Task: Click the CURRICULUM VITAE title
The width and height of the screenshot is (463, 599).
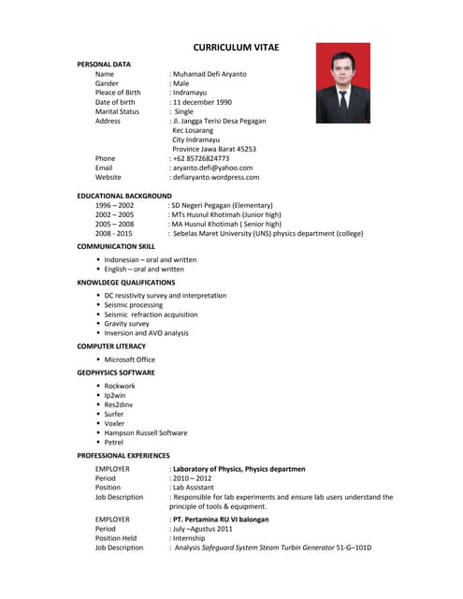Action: tap(236, 47)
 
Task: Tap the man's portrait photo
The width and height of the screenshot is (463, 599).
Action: tap(342, 83)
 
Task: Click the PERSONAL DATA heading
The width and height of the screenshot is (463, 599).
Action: tap(104, 64)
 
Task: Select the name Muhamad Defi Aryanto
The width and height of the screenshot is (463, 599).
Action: tap(210, 73)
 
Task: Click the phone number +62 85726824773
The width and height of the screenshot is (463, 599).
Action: tap(200, 158)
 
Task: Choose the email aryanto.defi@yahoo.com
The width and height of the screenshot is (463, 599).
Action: tap(212, 168)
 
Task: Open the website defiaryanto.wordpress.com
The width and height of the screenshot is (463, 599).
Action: tap(216, 177)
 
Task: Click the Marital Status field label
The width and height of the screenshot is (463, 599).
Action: tap(117, 111)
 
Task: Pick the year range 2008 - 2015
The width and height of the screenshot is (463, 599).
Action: tap(114, 233)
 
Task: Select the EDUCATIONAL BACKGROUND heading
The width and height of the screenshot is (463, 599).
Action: tap(124, 196)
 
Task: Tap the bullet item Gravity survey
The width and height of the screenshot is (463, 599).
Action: tap(127, 324)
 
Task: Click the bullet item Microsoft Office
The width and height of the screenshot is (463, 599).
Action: tap(130, 359)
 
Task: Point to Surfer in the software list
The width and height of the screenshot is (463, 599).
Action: tap(114, 414)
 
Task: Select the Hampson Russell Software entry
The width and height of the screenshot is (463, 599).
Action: tap(146, 432)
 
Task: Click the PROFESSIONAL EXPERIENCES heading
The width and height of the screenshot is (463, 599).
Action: tap(123, 455)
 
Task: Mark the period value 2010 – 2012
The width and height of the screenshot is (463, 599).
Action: tap(192, 478)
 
